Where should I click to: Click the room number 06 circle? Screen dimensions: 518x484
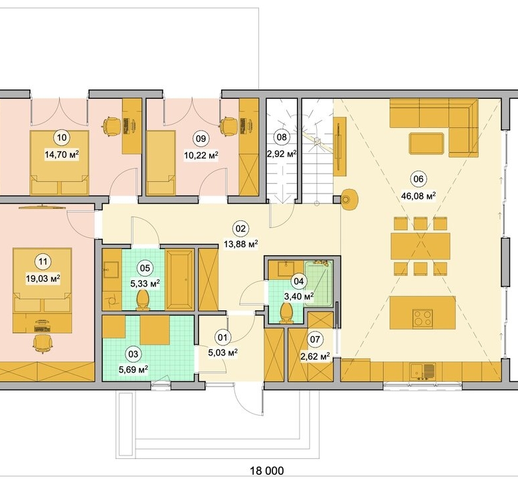tap(418, 179)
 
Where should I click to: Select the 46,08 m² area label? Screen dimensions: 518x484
tap(418, 196)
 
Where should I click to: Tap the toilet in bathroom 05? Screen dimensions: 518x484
tap(143, 300)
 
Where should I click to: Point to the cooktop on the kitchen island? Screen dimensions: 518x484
tap(422, 318)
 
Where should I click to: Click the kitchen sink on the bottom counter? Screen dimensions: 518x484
tap(423, 372)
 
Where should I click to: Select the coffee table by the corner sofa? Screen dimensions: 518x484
tap(426, 143)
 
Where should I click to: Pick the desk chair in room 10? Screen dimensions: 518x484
tap(111, 127)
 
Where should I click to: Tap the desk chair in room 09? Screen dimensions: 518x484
tap(228, 127)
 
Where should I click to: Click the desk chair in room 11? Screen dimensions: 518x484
tap(43, 344)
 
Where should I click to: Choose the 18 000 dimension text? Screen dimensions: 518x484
tap(267, 471)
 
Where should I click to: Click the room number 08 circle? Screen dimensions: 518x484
tap(282, 137)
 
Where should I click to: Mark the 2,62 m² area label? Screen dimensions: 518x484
tap(315, 356)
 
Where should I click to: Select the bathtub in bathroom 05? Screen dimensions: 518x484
tap(180, 280)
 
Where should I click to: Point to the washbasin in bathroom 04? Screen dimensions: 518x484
tap(286, 269)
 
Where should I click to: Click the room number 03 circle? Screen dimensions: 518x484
tap(133, 354)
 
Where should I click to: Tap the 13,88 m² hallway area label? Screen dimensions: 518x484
tap(241, 244)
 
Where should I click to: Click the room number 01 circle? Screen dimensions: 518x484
tap(222, 337)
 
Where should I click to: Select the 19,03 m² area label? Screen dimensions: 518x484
tap(43, 278)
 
